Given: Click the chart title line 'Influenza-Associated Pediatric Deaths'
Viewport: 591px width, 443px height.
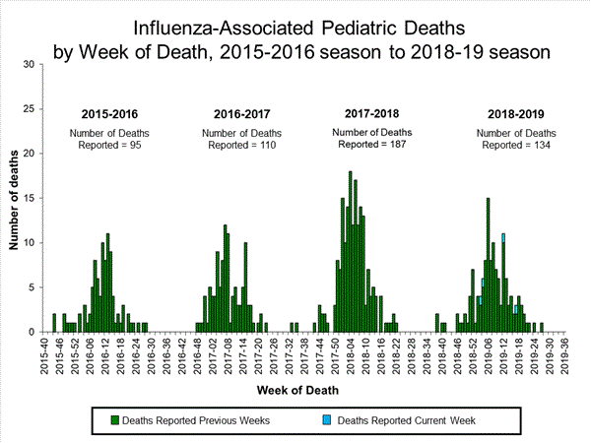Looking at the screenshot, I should pyautogui.click(x=295, y=22).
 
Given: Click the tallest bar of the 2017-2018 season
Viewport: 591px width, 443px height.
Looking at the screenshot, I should pyautogui.click(x=350, y=251).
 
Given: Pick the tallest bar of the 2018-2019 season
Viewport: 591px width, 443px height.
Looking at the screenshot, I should pyautogui.click(x=488, y=264).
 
